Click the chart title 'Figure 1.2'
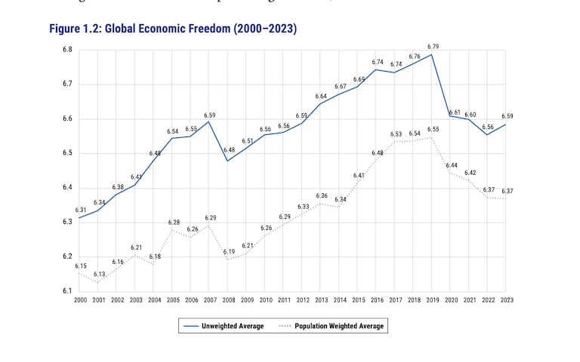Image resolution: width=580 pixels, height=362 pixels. (x=173, y=29)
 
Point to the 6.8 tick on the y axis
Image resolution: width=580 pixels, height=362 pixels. (x=67, y=51)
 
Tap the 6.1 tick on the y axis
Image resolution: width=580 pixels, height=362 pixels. (x=67, y=291)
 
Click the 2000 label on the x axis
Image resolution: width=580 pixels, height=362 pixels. (x=80, y=300)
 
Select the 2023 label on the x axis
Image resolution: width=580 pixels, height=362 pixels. (x=507, y=300)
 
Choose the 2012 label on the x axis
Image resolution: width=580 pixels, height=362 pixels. (x=303, y=300)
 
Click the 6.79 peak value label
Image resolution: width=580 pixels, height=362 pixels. (x=433, y=47)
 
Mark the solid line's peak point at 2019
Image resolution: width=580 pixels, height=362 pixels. (x=433, y=54)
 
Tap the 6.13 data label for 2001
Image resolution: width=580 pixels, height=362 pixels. (x=100, y=275)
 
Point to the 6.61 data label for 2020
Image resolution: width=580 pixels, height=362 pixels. (x=455, y=112)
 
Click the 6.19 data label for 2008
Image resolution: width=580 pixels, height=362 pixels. (x=229, y=252)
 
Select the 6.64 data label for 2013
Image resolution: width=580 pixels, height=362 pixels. (x=322, y=97)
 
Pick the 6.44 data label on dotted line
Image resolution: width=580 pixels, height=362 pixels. (x=452, y=165)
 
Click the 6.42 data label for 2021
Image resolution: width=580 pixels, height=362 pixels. (x=470, y=173)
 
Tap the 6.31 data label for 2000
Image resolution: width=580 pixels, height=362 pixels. (x=81, y=210)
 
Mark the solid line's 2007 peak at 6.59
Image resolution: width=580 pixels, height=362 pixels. (x=210, y=121)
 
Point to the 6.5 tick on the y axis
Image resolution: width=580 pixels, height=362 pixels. (x=67, y=153)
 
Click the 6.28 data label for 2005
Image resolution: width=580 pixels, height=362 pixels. (x=174, y=222)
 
